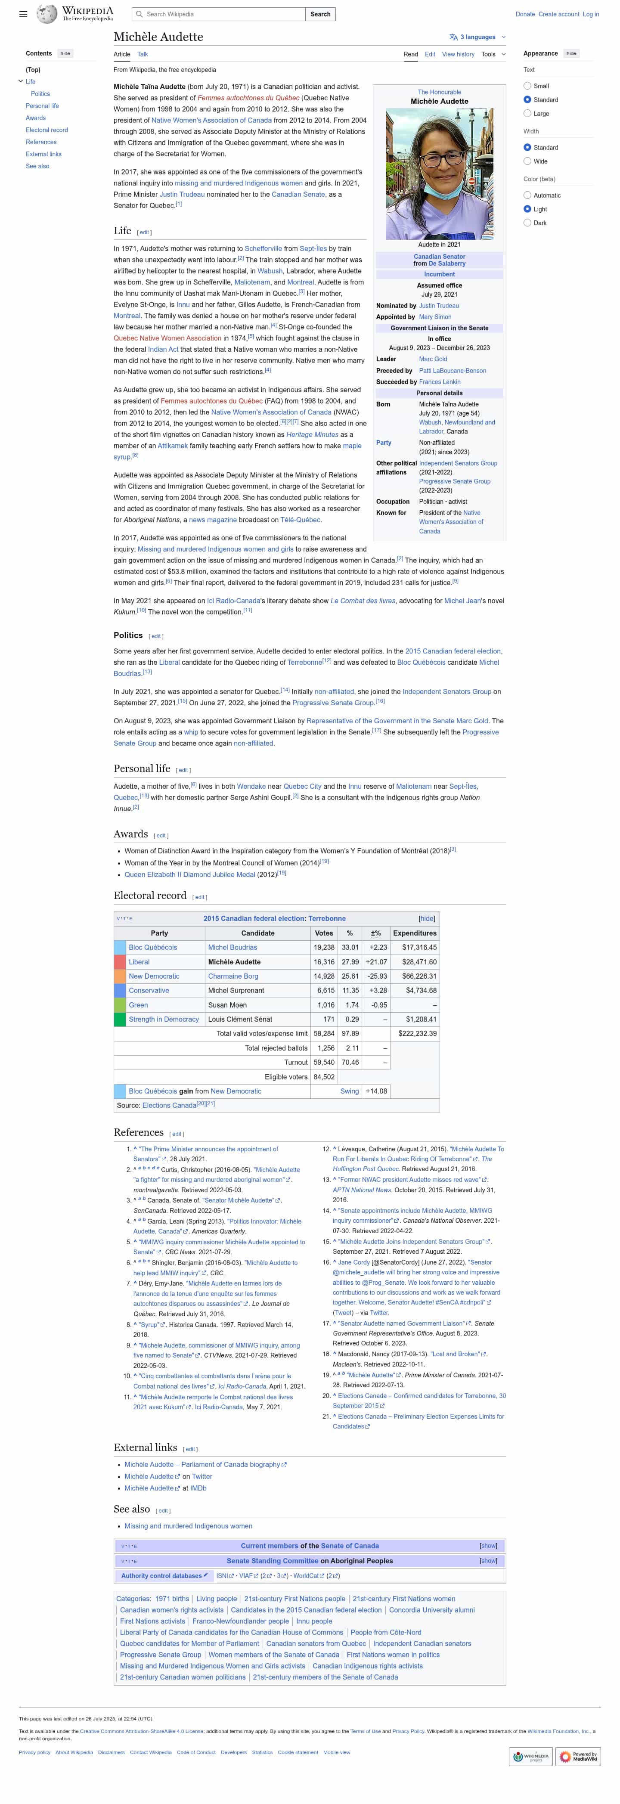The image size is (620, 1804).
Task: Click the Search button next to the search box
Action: (x=320, y=14)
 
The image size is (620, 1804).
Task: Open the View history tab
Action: (x=458, y=54)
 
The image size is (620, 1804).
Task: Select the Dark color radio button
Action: (x=527, y=223)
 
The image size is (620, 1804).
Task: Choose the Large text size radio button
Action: (x=527, y=114)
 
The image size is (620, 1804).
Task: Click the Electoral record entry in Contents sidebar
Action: (x=47, y=130)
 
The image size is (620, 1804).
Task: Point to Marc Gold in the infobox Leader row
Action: (x=433, y=359)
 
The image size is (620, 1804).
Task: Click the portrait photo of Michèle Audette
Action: (x=439, y=174)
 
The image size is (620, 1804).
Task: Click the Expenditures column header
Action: (x=415, y=933)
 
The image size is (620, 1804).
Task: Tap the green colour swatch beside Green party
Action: (x=120, y=1005)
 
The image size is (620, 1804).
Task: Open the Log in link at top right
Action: (x=591, y=14)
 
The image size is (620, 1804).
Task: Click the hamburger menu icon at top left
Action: (x=23, y=14)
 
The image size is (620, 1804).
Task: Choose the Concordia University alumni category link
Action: (x=431, y=1610)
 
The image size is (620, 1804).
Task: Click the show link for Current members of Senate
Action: (x=488, y=1546)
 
